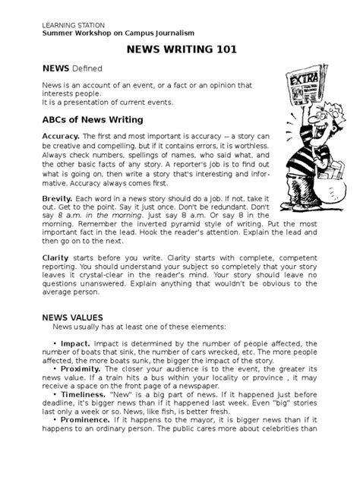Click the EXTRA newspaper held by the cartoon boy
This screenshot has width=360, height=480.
[303, 88]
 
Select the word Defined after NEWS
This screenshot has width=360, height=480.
[86, 68]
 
